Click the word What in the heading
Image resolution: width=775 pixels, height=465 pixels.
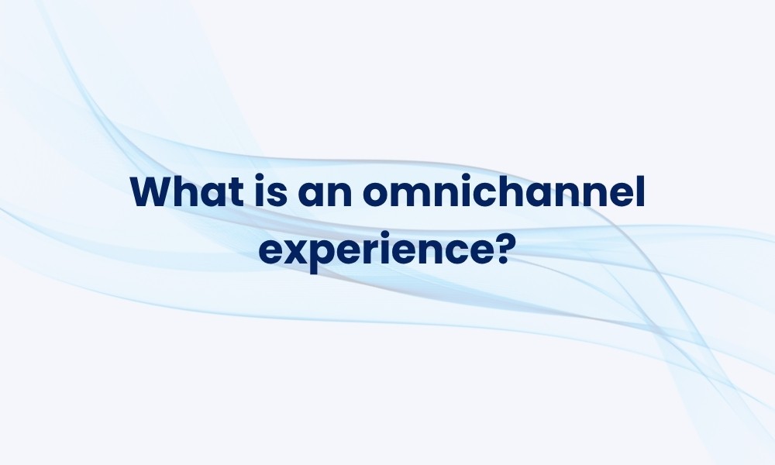(x=188, y=191)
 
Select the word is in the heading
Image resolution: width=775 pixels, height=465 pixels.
(x=271, y=191)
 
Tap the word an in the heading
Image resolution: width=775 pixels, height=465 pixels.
(x=325, y=195)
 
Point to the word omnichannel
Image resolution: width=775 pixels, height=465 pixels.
(x=504, y=191)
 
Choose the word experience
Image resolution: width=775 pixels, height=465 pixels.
(x=376, y=250)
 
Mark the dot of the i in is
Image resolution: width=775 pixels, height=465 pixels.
(x=260, y=178)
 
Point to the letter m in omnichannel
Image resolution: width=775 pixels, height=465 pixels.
(x=415, y=195)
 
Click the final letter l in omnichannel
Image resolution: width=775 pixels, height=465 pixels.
(x=641, y=191)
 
